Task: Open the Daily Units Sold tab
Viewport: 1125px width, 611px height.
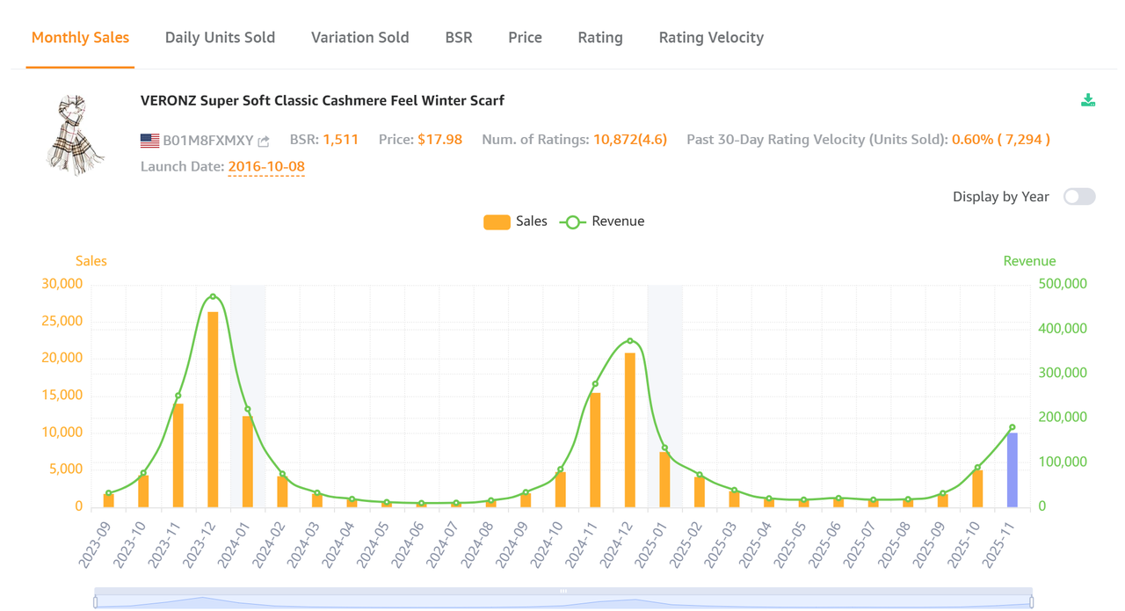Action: pyautogui.click(x=220, y=38)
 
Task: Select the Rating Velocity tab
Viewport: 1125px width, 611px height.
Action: pyautogui.click(x=711, y=38)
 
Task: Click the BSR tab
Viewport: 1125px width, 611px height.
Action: pyautogui.click(x=459, y=38)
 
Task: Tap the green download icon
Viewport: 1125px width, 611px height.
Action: pyautogui.click(x=1088, y=100)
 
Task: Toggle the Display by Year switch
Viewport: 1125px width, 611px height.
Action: pyautogui.click(x=1079, y=197)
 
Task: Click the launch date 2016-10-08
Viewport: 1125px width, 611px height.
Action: pyautogui.click(x=266, y=166)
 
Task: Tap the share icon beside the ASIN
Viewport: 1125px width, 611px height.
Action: pyautogui.click(x=264, y=141)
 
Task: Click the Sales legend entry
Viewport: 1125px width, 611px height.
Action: pyautogui.click(x=515, y=222)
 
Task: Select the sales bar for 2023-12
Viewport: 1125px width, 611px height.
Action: pyautogui.click(x=213, y=409)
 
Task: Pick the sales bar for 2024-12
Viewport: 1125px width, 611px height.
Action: pyautogui.click(x=630, y=429)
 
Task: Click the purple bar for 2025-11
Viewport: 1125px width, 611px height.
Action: pyautogui.click(x=1012, y=469)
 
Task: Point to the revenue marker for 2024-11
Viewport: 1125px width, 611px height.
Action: pyautogui.click(x=595, y=384)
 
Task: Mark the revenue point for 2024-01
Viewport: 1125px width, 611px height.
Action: pyautogui.click(x=248, y=409)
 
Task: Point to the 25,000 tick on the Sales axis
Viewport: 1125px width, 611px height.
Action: pyautogui.click(x=62, y=321)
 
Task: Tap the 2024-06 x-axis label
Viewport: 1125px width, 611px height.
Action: pyautogui.click(x=409, y=542)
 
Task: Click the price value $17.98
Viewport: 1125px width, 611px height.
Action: pyautogui.click(x=439, y=140)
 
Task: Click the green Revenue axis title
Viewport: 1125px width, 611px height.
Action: pyautogui.click(x=1029, y=261)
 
